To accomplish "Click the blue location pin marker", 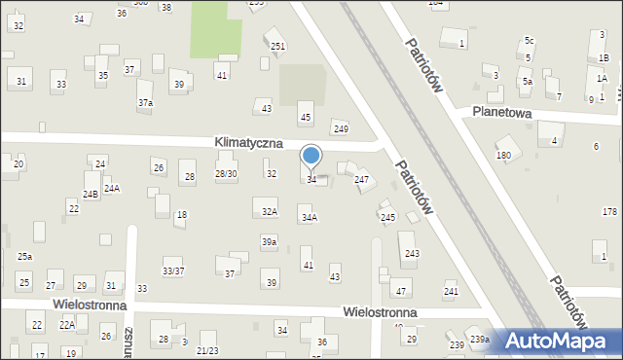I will [311, 156].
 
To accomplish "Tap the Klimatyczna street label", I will [249, 143].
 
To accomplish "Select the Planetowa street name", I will [501, 113].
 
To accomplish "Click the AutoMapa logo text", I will [565, 342].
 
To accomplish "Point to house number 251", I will [277, 47].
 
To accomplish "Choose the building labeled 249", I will [340, 129].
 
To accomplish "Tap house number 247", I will [361, 180].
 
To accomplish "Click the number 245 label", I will [387, 217].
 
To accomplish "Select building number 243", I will [412, 253].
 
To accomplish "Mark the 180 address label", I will [503, 156].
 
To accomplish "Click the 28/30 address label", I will [226, 174].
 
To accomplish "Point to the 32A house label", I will [270, 211].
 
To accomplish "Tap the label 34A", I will [309, 218].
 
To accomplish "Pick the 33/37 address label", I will [173, 270].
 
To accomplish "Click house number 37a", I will [145, 102].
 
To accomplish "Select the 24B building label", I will [90, 195].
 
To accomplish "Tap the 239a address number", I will [479, 340].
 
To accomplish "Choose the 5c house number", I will [530, 41].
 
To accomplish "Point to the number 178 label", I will [609, 212].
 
